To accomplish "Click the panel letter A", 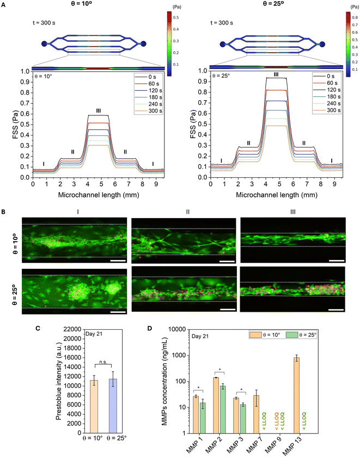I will pos(4,4).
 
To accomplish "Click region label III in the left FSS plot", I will pos(99,111).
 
